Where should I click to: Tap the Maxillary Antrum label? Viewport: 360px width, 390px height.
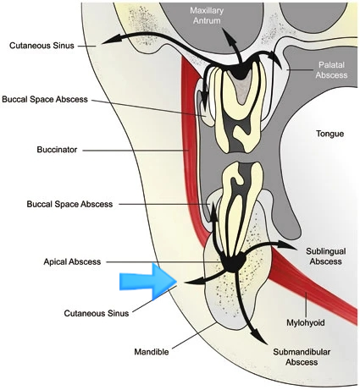click(207, 15)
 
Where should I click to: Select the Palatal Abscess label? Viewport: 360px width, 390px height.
click(331, 70)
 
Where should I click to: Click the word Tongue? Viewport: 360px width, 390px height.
click(330, 134)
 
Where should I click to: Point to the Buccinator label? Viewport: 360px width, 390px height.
click(57, 150)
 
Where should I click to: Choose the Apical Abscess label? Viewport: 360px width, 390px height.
click(72, 261)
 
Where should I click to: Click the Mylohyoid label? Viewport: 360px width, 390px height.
click(306, 322)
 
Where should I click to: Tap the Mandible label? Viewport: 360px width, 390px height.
click(152, 352)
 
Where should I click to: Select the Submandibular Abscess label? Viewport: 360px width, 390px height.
click(302, 357)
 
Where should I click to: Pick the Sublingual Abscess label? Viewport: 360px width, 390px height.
click(326, 256)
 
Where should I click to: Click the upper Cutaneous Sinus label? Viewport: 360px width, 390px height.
click(42, 46)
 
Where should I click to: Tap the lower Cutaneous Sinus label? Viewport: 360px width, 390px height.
click(97, 313)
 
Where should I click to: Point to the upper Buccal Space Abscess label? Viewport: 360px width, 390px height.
click(45, 99)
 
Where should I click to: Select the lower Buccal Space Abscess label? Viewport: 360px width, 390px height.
click(69, 204)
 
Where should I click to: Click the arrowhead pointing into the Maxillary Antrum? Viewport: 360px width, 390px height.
click(230, 36)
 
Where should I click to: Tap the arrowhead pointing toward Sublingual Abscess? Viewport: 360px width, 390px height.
click(286, 245)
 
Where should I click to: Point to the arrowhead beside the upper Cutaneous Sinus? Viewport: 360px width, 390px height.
click(112, 40)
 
